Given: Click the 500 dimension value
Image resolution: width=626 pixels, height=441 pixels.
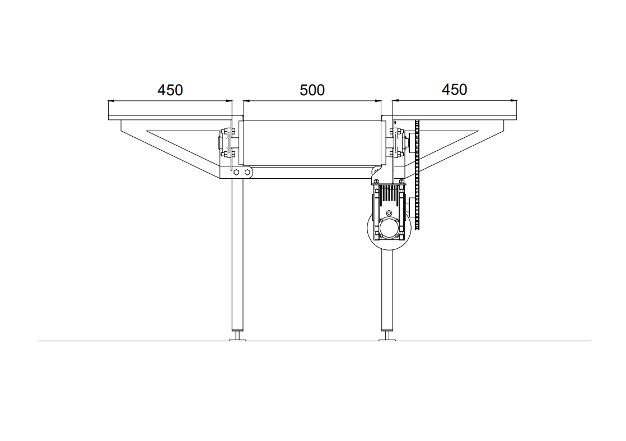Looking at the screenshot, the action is (312, 90).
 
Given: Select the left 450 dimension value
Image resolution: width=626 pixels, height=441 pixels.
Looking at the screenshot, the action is (170, 90).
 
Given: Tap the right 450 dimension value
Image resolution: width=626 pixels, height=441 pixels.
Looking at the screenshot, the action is (454, 90).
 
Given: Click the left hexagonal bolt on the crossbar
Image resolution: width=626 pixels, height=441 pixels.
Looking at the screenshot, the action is (237, 172).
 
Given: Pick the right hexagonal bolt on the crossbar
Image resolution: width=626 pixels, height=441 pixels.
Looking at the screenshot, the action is (247, 172).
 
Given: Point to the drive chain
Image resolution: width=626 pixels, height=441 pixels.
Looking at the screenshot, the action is (418, 175).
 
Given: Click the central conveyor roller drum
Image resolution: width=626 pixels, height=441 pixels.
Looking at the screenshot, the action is (312, 142).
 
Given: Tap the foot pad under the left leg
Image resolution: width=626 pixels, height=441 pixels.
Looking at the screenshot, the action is (237, 340).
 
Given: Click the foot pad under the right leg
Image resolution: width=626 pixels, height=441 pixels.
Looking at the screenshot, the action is (387, 340).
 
